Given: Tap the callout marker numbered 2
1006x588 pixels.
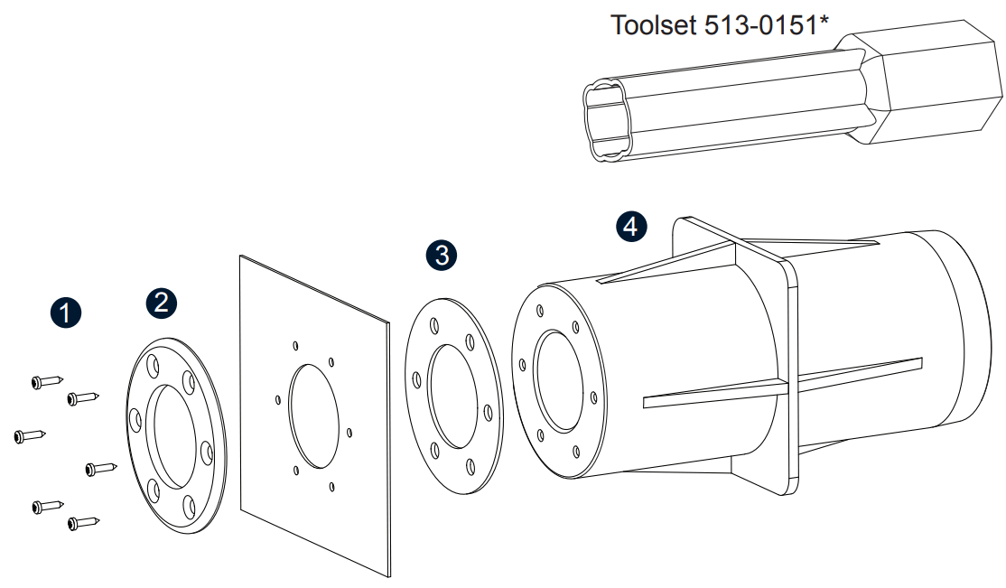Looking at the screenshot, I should tap(161, 303).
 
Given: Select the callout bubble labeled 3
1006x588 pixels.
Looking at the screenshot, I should tap(441, 256).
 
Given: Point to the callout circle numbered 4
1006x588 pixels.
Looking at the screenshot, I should tap(631, 226).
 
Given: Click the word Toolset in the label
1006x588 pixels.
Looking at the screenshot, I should tap(654, 24).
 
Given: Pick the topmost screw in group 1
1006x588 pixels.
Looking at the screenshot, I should tap(46, 381).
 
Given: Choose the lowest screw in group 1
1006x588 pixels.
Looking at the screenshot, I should tap(82, 522).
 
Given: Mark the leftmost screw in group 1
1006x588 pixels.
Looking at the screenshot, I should tap(29, 436).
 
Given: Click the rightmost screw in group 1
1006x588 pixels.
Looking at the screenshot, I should tap(100, 468).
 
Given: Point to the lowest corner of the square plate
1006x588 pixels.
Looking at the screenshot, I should tap(388, 576).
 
